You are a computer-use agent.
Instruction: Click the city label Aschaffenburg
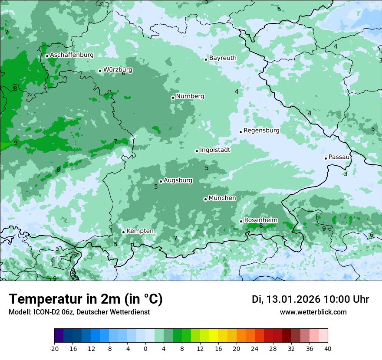(72, 55)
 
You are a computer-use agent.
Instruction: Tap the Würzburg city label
(118, 70)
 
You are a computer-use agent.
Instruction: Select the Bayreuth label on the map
(223, 58)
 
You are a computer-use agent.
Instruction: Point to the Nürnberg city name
(190, 96)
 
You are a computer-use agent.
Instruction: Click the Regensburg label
(261, 131)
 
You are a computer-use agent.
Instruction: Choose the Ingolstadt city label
(215, 150)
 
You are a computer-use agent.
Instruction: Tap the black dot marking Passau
(326, 158)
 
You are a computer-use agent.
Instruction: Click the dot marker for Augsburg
(161, 181)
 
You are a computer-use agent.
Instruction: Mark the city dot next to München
(205, 199)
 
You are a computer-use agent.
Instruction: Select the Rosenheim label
(260, 220)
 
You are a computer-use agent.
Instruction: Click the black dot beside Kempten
(123, 232)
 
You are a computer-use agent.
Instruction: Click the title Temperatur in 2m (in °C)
(86, 299)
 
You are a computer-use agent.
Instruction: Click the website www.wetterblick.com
(313, 312)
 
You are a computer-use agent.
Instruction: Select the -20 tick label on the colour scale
(54, 348)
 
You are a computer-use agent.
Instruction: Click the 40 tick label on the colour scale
(328, 348)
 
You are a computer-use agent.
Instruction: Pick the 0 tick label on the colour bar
(145, 348)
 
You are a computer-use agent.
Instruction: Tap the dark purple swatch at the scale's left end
(59, 336)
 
